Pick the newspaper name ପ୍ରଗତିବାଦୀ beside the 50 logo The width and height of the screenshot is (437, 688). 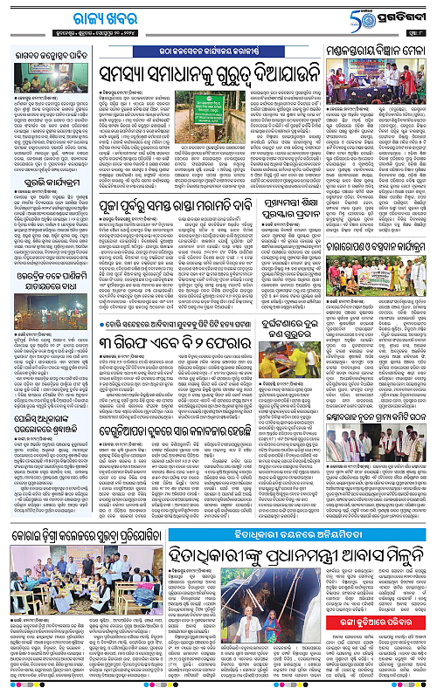click(406, 16)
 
